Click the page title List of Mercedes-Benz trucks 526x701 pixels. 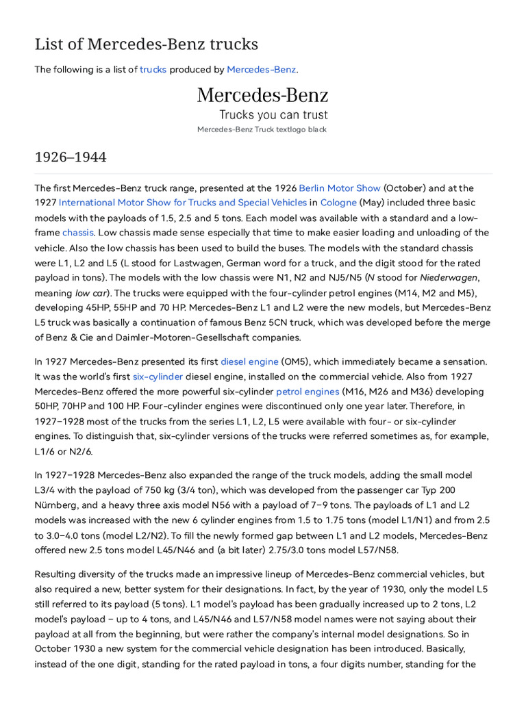tap(146, 44)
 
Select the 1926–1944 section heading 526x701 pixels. tap(71, 157)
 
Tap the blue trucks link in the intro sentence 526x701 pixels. tap(153, 70)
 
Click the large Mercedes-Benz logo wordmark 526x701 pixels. tap(262, 95)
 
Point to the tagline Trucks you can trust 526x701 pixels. tap(273, 115)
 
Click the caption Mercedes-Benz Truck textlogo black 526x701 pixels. tap(262, 129)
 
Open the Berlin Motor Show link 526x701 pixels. tap(339, 188)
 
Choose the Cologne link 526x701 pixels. tap(338, 203)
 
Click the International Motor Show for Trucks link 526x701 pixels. tap(182, 203)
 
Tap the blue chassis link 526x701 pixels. tap(77, 233)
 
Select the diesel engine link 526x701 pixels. tap(249, 361)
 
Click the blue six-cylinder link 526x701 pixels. tap(158, 377)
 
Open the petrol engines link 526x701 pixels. tap(308, 392)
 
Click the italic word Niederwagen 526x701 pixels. tap(447, 278)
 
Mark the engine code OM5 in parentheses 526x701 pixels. tap(296, 361)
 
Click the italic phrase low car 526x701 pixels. tap(92, 293)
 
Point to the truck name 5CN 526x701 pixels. tap(347, 322)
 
